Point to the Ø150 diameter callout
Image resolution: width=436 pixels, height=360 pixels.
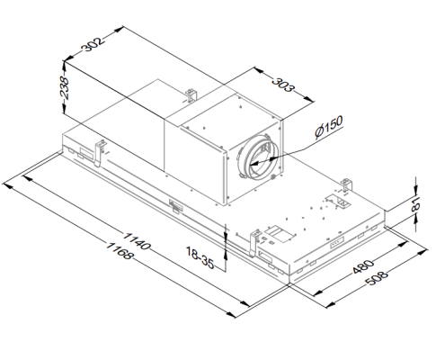click(x=331, y=130)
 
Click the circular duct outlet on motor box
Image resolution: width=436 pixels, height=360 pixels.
click(x=261, y=157)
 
